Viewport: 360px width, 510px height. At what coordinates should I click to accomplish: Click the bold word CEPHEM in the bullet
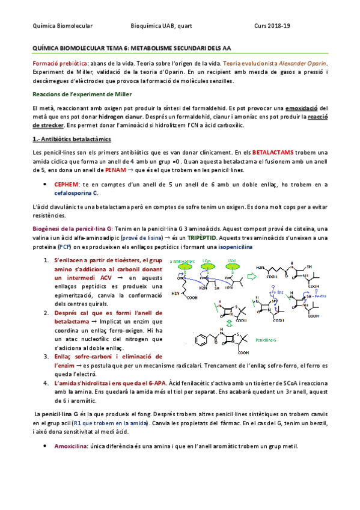tap(66, 185)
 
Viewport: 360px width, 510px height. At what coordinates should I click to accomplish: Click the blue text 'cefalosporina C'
tap(76, 193)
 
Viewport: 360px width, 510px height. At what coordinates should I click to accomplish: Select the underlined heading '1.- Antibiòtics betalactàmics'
tap(67, 139)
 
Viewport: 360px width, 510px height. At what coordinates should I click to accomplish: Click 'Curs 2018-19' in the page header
tap(272, 26)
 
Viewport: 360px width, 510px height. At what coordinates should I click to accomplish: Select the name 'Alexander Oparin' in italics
tap(303, 63)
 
